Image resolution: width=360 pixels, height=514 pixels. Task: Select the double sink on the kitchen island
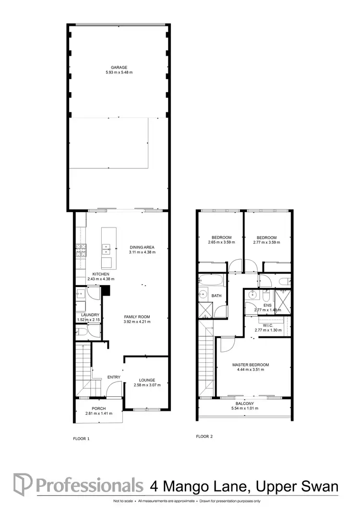107,249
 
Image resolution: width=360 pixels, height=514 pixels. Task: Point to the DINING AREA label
142,248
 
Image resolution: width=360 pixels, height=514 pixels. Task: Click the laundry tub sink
80,295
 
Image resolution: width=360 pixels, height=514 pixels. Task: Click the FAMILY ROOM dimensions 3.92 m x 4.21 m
137,322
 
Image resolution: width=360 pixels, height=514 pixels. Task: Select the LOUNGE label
148,380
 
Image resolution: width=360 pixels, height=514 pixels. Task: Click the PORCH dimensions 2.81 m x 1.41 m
98,413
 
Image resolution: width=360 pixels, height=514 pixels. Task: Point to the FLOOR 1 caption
81,439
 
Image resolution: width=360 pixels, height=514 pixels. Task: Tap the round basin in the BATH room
203,296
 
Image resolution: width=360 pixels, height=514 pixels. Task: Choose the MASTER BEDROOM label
251,365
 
